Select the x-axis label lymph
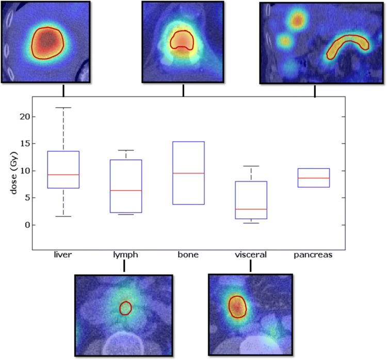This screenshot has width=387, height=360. coord(125,255)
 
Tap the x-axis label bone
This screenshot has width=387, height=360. coord(188,255)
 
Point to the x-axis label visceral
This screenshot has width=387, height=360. coord(251,255)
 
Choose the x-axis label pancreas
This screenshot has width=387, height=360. coord(314,255)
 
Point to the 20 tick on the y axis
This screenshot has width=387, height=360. coord(24,117)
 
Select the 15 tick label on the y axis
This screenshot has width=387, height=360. coord(24,144)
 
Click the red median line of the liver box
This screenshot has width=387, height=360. coord(63,175)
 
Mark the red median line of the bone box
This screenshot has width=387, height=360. coord(188,173)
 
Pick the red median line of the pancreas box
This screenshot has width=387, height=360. coord(314,178)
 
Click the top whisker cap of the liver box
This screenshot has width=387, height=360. coord(63,108)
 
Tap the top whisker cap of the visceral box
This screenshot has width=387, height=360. coord(251,166)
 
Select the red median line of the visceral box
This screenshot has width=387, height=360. coord(251,209)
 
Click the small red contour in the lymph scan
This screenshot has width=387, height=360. coord(125,308)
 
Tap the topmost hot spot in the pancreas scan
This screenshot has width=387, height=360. coord(297,20)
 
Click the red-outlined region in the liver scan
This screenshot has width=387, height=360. coord(47,42)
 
